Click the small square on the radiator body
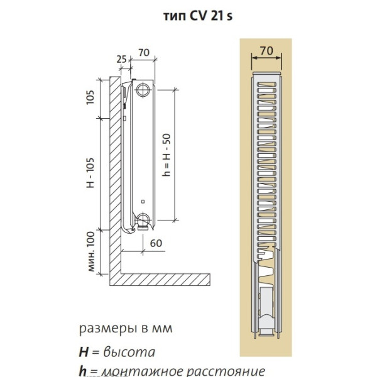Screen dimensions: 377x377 tap(144, 202)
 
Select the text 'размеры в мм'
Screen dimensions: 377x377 tap(126, 329)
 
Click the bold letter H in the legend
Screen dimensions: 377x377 tap(83, 351)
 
